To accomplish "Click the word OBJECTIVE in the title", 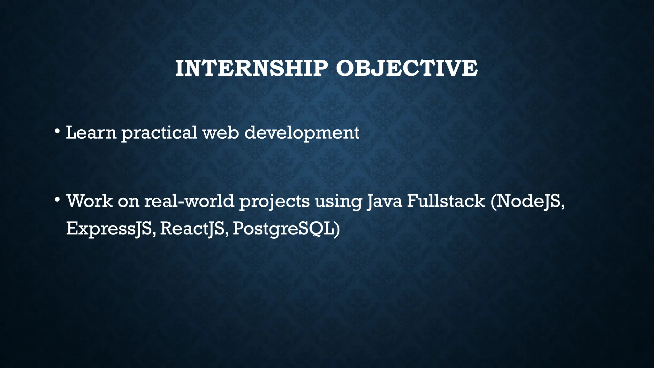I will [x=407, y=68].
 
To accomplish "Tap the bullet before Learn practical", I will [x=57, y=131].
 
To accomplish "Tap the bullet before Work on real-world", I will [x=57, y=200].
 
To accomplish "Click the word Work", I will [x=89, y=201].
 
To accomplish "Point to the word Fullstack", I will [x=446, y=201].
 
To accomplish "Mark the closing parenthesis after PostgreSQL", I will [x=337, y=229].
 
